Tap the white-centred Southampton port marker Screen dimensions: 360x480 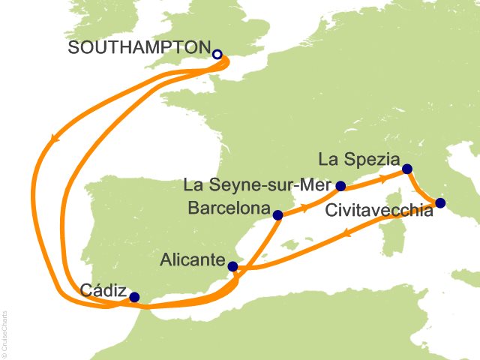tap(217, 55)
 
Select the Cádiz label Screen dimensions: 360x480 tap(101, 290)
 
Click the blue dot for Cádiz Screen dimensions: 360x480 tap(134, 297)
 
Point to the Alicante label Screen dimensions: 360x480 tap(193, 260)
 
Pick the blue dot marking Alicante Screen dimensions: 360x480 tap(232, 266)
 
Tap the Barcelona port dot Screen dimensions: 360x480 tap(278, 215)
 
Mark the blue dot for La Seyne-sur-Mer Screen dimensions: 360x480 tap(340, 186)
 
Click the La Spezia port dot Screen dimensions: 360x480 tap(406, 169)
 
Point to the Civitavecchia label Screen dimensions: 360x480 tap(379, 211)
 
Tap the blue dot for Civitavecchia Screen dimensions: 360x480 tap(440, 202)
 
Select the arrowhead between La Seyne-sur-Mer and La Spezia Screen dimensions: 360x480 tap(382, 178)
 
